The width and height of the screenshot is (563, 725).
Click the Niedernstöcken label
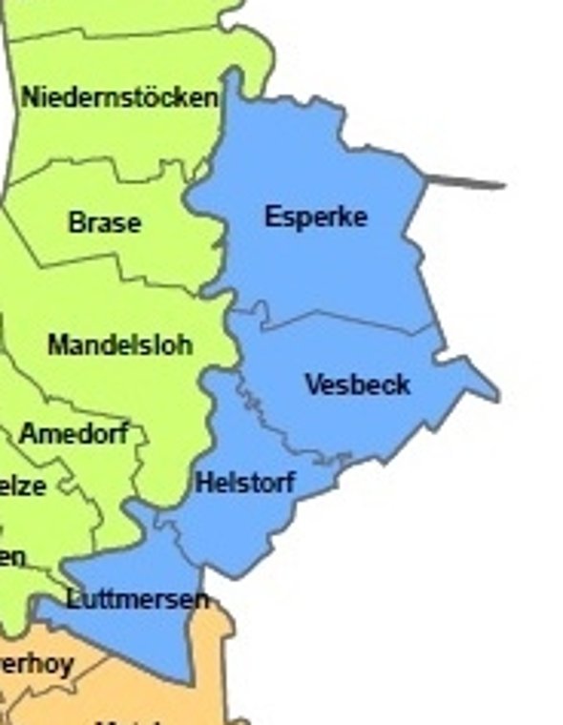coord(118,97)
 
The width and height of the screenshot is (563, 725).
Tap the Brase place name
coord(105,223)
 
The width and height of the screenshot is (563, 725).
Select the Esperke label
coord(316,217)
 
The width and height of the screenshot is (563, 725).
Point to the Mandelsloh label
coord(120,344)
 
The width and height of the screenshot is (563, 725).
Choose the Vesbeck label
coord(358,384)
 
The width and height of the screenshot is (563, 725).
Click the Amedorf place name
coord(74,434)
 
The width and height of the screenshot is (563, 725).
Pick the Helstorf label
coord(245,483)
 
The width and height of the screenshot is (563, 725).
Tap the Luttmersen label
coord(137,599)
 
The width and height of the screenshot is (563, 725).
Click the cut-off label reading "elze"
coord(22,486)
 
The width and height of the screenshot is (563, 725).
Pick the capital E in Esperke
coord(272,217)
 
